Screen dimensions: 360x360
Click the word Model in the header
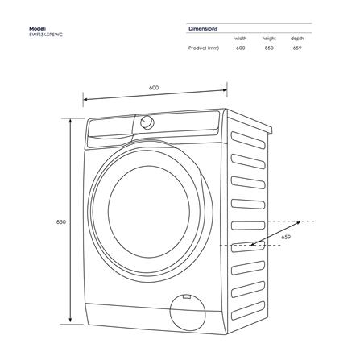38,29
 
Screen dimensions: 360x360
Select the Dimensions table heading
203,28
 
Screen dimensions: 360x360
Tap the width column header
240,38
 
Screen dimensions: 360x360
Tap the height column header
269,38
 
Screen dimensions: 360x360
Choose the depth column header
297,38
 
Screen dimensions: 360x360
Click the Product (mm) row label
203,48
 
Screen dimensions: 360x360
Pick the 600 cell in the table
240,48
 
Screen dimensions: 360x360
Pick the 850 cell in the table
269,48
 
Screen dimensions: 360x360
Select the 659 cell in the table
297,48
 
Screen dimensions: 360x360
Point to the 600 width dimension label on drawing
154,88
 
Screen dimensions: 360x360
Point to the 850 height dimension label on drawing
61,221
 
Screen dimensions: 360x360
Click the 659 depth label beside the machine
286,238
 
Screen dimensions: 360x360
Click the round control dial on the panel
147,122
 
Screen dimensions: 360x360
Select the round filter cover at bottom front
187,312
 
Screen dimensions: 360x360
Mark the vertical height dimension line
72,221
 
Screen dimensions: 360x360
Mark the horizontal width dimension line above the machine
155,100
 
